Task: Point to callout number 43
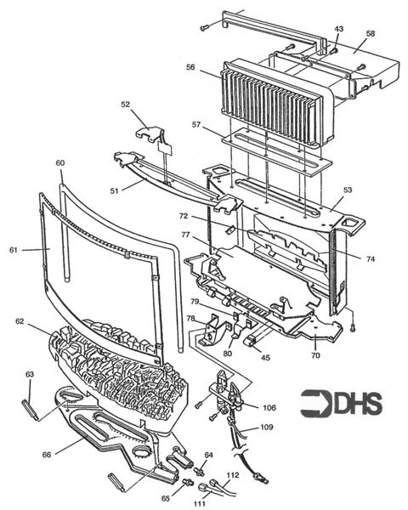[x=339, y=30]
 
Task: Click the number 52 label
[x=125, y=105]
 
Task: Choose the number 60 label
[x=59, y=161]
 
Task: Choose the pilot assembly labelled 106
[x=228, y=398]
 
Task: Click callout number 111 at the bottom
[x=201, y=504]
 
